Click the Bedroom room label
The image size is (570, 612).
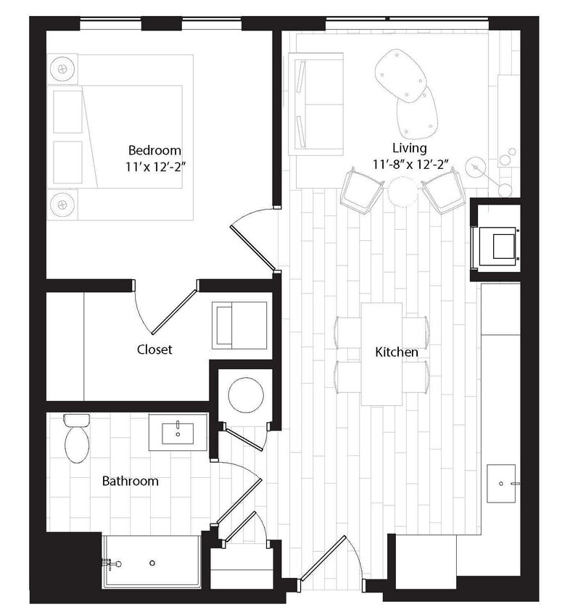[154, 150]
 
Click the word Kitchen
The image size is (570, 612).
[396, 352]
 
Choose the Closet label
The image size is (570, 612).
[154, 349]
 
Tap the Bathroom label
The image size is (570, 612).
[130, 481]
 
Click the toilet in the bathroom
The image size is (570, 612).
[75, 439]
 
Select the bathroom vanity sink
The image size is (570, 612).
[178, 433]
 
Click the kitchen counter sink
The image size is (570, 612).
[501, 484]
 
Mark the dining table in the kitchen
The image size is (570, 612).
[381, 353]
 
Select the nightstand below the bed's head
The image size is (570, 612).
[63, 204]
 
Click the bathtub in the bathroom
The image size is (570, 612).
[152, 561]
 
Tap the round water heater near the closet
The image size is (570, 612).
[241, 394]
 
